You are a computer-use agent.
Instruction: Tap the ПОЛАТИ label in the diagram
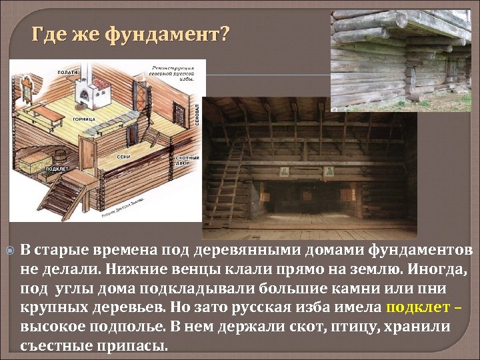click(67, 70)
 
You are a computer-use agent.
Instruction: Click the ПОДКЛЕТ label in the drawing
click(56, 169)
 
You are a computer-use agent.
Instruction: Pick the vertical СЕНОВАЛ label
click(197, 115)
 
